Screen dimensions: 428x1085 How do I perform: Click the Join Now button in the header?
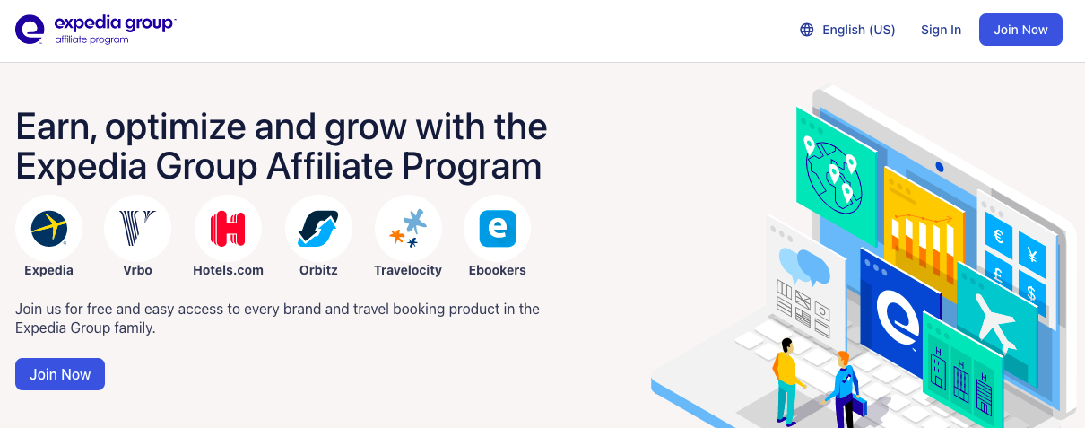[x=1020, y=30]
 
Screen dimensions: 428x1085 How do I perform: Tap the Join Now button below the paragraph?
[x=60, y=374]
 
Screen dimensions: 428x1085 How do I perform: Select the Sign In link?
[x=941, y=30]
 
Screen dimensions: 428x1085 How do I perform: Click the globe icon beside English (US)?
[x=807, y=30]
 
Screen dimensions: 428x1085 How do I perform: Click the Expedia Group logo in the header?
[x=95, y=30]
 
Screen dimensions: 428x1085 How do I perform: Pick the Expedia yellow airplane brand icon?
[x=48, y=228]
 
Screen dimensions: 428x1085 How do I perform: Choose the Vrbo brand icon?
[x=138, y=228]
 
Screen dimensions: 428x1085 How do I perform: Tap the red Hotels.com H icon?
[x=228, y=228]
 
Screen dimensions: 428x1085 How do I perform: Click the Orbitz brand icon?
[x=318, y=228]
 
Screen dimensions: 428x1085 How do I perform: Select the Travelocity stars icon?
[x=408, y=228]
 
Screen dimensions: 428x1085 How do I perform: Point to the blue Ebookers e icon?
[x=498, y=228]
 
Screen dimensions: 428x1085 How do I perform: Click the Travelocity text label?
[x=408, y=270]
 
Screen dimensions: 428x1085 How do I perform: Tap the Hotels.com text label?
[x=228, y=270]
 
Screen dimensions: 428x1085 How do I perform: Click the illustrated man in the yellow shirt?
[x=786, y=377]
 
